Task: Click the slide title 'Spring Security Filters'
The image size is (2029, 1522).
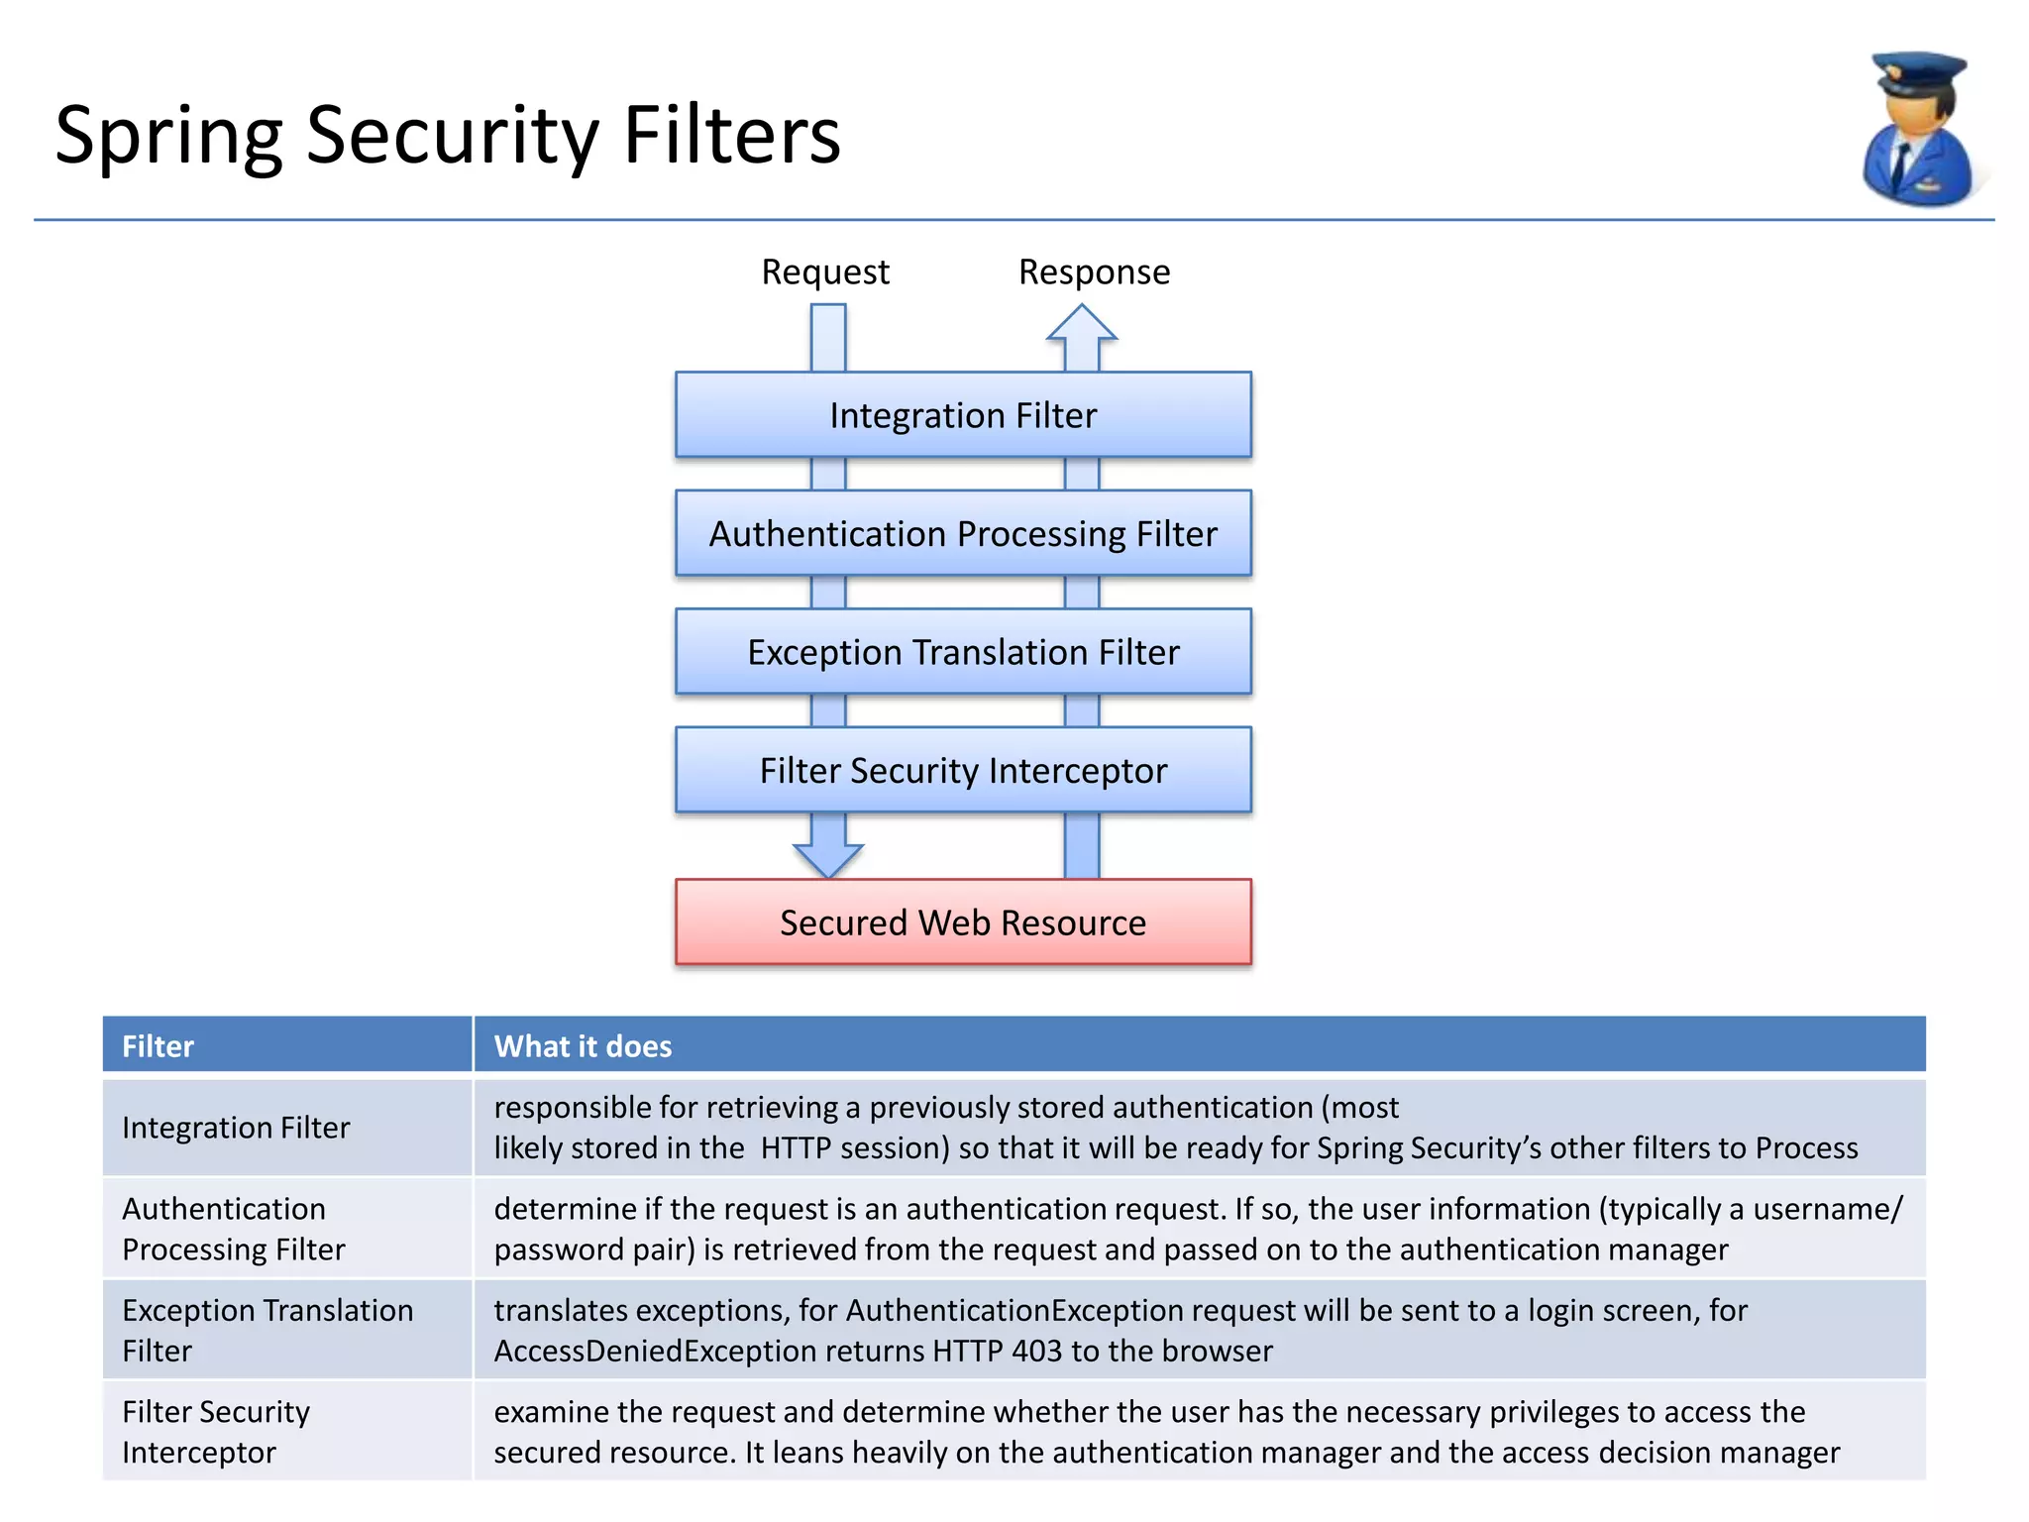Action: click(448, 136)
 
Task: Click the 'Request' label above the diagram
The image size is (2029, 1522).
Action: click(824, 272)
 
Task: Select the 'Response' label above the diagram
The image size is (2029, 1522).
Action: click(1094, 272)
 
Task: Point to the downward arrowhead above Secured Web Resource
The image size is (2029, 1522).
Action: click(828, 858)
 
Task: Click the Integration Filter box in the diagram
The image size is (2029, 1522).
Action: click(963, 415)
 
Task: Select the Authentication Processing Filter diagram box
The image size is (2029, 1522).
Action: click(963, 534)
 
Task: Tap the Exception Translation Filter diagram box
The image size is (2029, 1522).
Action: click(963, 652)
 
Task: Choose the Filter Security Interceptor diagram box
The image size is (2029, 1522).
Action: click(963, 771)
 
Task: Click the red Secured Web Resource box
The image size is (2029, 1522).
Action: click(963, 923)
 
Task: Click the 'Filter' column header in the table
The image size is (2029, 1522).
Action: click(159, 1046)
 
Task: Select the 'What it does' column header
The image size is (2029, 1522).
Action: click(583, 1046)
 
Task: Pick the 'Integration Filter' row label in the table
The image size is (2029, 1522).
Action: click(236, 1128)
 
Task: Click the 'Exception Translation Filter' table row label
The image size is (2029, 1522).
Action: click(267, 1330)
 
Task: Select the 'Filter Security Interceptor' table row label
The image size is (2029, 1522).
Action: click(216, 1431)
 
